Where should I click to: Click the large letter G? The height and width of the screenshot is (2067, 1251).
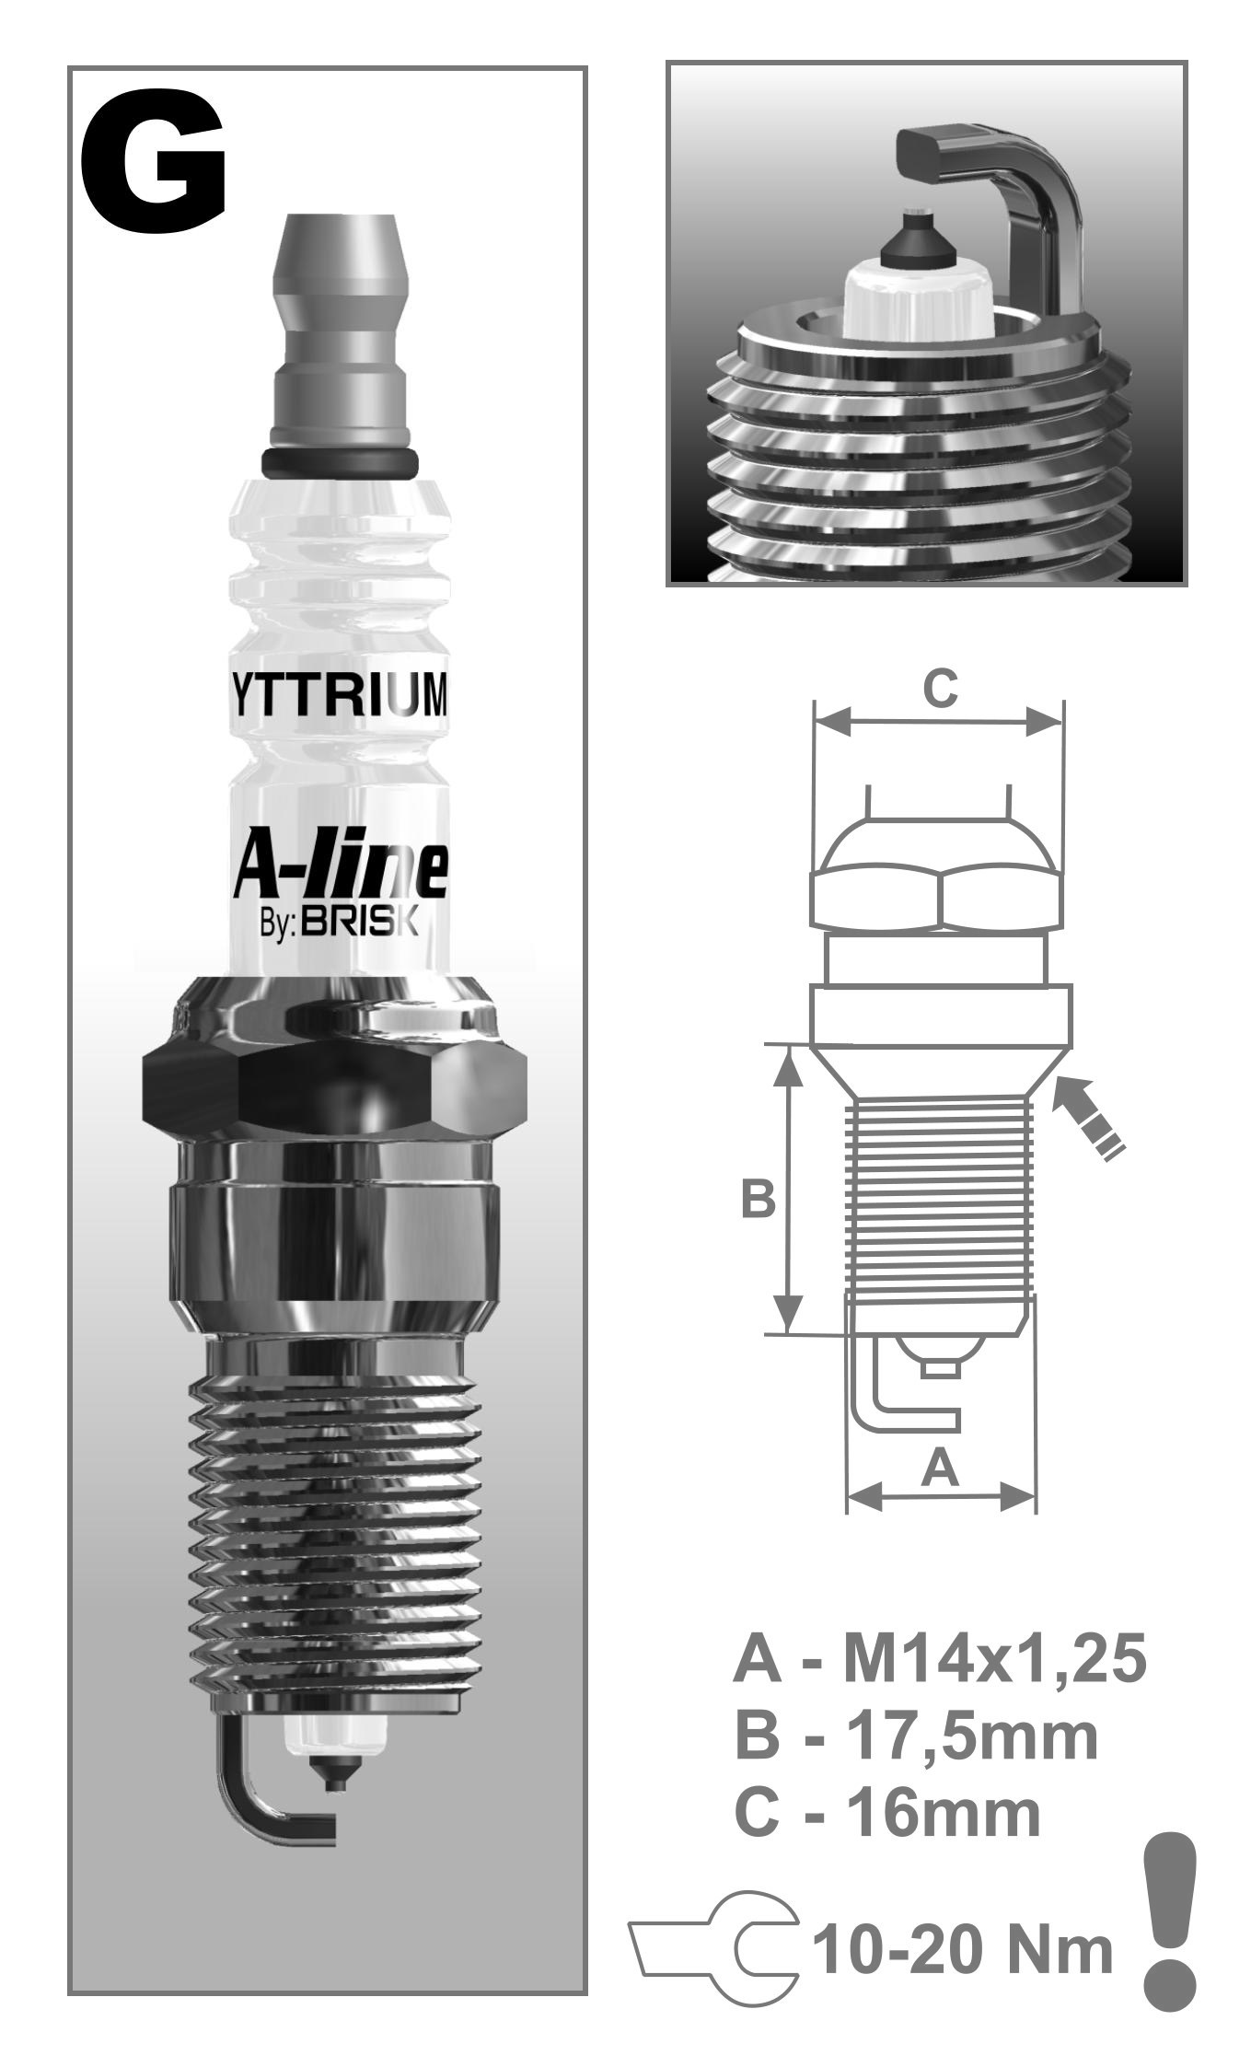tap(153, 165)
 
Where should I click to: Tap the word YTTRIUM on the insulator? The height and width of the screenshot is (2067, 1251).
tap(338, 697)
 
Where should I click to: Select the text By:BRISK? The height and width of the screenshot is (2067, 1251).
tap(340, 923)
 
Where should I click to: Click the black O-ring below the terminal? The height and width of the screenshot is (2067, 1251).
tap(340, 463)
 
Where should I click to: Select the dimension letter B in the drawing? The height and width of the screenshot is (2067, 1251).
tap(759, 1200)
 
